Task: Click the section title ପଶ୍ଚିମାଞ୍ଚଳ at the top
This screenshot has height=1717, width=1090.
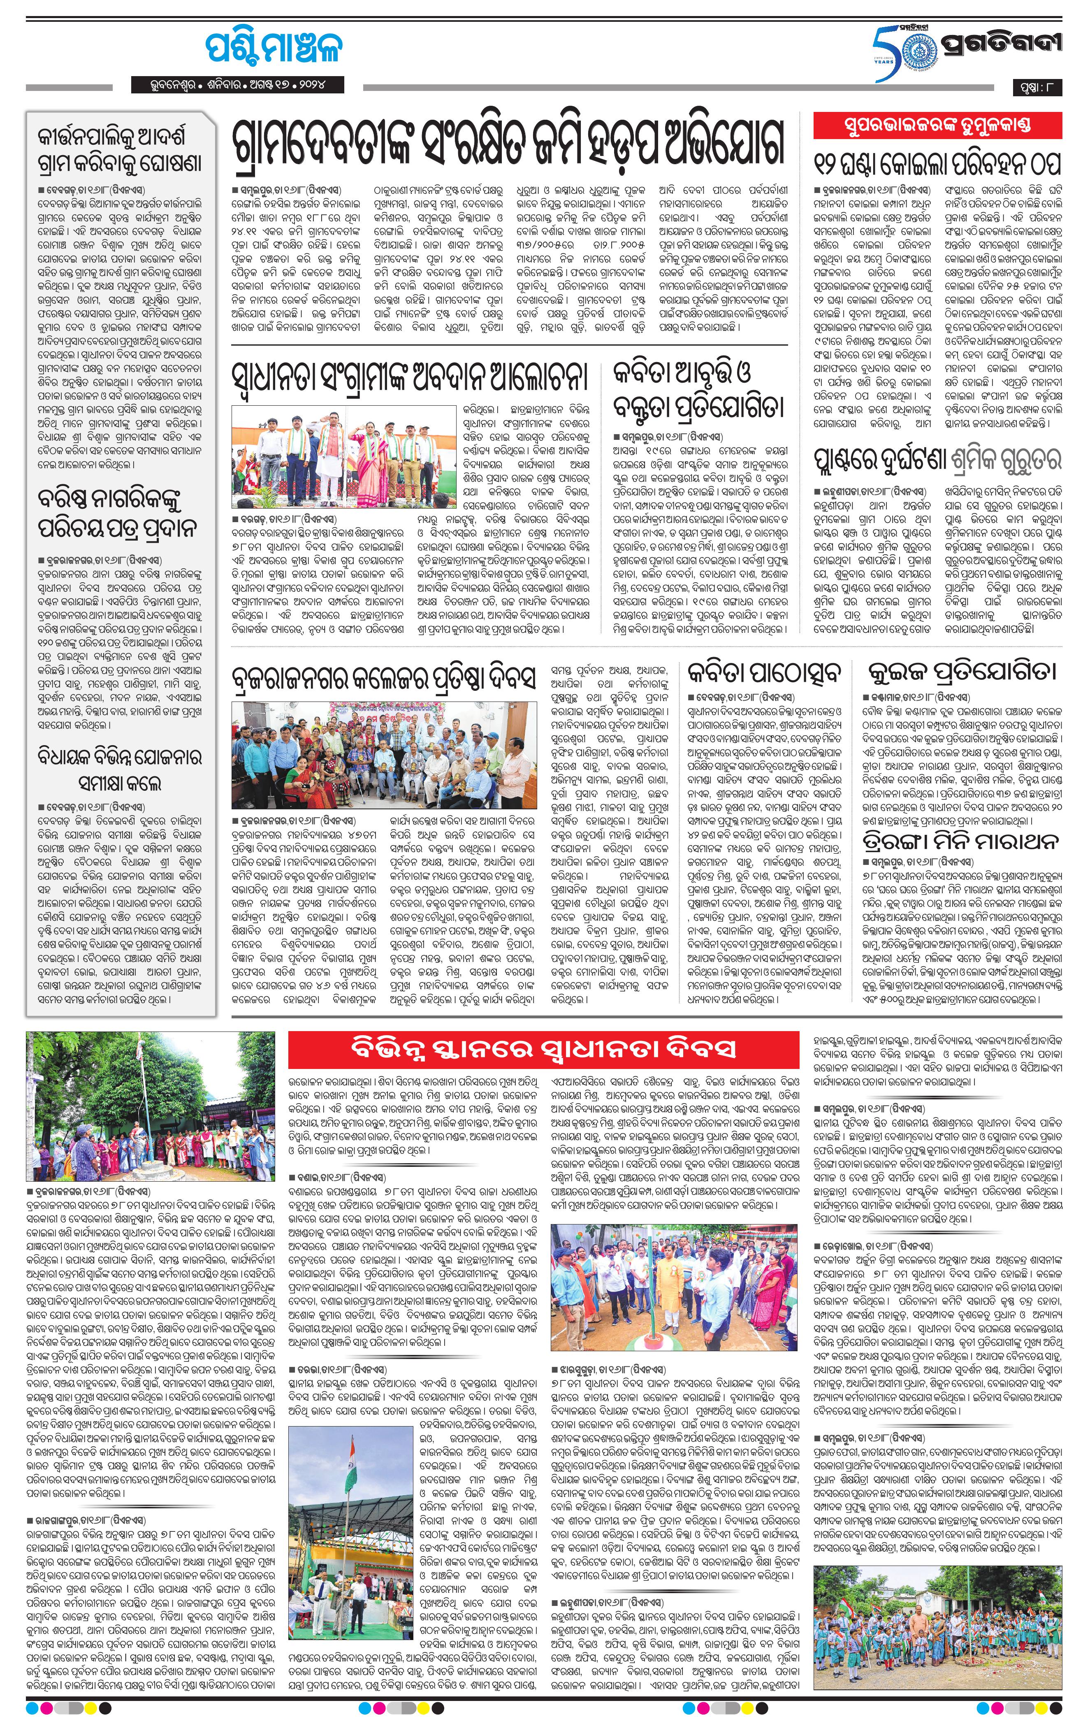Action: (273, 47)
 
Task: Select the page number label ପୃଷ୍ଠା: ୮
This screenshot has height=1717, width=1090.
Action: (1037, 88)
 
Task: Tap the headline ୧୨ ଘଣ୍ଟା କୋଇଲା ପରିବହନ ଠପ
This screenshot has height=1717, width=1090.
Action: (937, 163)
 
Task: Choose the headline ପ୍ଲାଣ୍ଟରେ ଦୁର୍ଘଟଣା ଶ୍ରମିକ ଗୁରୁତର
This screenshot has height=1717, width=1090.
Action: (937, 461)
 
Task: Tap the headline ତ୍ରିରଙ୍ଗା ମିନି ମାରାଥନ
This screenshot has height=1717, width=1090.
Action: (960, 841)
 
